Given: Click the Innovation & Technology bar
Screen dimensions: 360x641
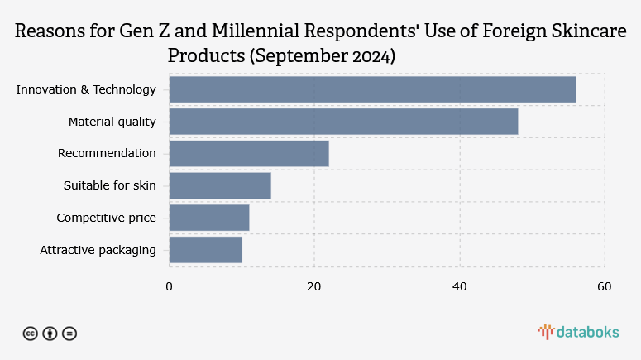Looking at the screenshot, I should [x=372, y=89].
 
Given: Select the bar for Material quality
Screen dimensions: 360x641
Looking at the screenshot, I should [x=343, y=122].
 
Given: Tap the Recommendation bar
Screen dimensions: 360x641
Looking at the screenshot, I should [x=249, y=153].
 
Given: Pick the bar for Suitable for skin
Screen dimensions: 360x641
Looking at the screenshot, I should [x=220, y=185].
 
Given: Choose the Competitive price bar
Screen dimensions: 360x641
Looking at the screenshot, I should [x=209, y=218].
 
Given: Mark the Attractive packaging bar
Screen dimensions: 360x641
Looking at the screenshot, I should [x=206, y=249].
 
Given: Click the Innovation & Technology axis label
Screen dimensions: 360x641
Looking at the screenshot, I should [x=86, y=89].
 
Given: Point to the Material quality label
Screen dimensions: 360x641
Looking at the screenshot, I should [x=112, y=122].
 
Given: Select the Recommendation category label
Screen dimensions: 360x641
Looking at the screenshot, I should [x=107, y=153].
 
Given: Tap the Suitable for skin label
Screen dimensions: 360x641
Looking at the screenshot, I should [x=109, y=185].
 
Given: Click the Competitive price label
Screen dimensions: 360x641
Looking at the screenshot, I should [x=106, y=218].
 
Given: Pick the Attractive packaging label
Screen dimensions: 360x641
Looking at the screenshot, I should [x=98, y=249].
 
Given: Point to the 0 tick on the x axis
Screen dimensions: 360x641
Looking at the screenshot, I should [x=170, y=286].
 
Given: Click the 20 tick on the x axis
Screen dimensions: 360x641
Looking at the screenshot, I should [x=314, y=286].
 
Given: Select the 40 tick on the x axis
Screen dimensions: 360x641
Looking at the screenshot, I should [x=459, y=286].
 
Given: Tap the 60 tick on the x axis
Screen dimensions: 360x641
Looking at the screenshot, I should [x=605, y=286].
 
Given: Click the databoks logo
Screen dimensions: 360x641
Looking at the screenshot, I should [x=578, y=332].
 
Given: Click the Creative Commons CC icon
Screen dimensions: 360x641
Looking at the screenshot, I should [x=30, y=334].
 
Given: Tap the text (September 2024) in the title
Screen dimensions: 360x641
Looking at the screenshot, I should [x=323, y=56].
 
